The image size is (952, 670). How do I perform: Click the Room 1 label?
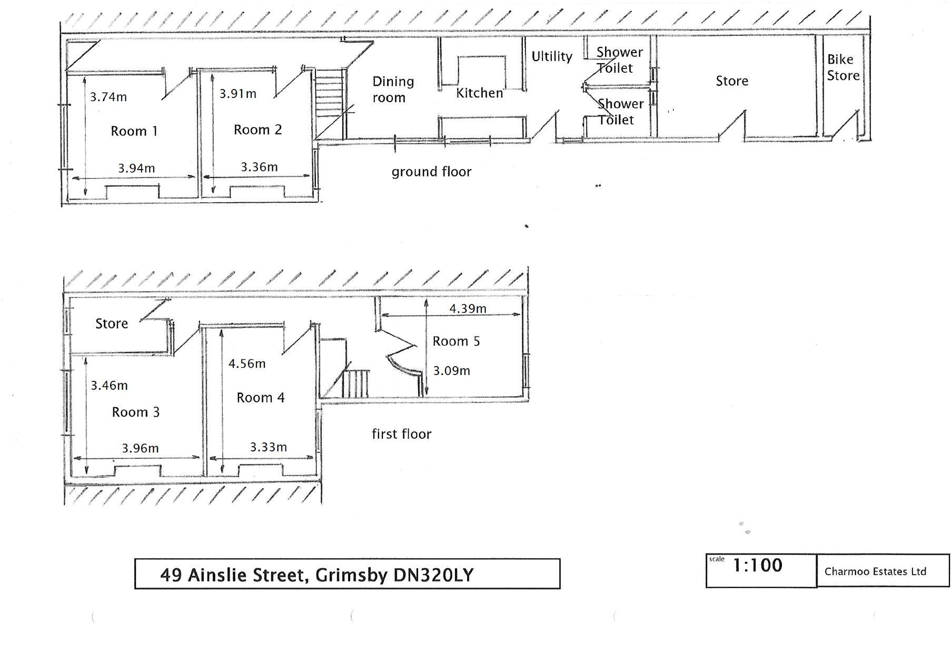(134, 131)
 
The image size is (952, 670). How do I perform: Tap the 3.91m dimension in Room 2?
(238, 94)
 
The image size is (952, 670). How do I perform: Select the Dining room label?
(393, 89)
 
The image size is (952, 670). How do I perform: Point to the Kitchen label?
(479, 93)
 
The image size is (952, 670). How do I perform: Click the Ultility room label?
(551, 56)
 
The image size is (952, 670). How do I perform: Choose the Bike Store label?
(842, 67)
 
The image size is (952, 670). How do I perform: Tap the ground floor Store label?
(732, 81)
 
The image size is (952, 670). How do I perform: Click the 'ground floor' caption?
(431, 172)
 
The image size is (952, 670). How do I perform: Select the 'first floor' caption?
(401, 434)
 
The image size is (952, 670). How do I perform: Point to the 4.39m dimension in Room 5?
(468, 309)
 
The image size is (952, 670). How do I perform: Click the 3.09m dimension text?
(451, 371)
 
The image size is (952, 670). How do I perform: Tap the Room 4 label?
(260, 398)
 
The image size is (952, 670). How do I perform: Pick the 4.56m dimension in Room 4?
(247, 363)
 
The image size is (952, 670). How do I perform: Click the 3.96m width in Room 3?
(140, 448)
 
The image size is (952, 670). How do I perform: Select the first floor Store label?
(112, 323)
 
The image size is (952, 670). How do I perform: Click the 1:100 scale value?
(758, 566)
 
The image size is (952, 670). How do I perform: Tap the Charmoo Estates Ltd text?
(875, 572)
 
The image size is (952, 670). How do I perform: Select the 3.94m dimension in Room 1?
(136, 168)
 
